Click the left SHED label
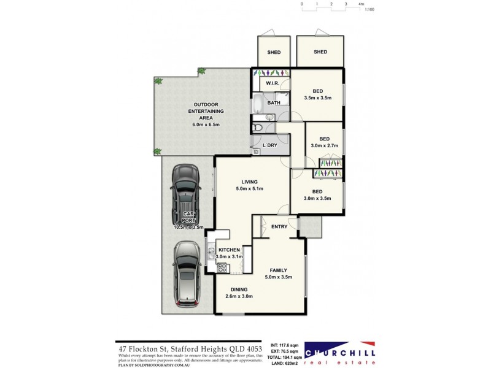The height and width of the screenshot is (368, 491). [274, 52]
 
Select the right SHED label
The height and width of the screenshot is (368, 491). [320, 52]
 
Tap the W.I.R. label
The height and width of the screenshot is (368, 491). [273, 83]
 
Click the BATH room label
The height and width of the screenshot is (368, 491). [274, 102]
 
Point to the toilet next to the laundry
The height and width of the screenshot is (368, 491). [258, 127]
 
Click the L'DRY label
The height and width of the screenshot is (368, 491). [270, 145]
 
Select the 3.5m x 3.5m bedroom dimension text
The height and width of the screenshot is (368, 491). [317, 98]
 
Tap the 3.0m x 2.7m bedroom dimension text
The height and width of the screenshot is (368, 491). [324, 146]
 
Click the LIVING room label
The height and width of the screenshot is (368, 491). [249, 182]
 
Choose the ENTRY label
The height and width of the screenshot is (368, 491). [279, 227]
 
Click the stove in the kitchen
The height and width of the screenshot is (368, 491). [222, 267]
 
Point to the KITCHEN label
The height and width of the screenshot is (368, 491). [228, 250]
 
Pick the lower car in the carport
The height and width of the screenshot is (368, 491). [187, 273]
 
